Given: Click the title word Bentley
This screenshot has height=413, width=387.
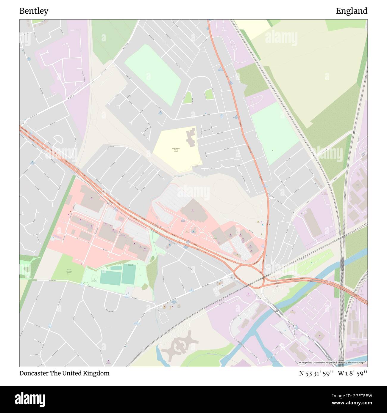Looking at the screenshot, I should coord(34,11).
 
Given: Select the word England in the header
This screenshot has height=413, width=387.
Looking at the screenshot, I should coord(351,11).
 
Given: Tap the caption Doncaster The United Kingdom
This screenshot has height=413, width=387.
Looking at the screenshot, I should coord(64,373).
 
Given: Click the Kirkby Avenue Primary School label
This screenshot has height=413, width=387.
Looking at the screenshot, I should coord(176,150).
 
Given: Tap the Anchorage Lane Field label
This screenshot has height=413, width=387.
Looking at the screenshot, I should coord(131,264).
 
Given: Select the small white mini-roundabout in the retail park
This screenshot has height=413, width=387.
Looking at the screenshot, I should coord(201,231).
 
